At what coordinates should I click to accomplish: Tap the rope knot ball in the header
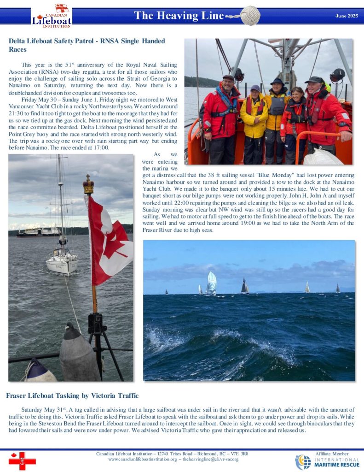pos(250,15)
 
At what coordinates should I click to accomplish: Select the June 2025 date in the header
pos(347,16)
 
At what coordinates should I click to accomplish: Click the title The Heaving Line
pos(179,16)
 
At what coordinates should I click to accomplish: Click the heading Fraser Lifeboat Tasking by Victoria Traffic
pos(72,395)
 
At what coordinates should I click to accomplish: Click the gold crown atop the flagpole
pos(88,185)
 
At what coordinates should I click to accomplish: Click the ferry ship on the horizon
pos(40,231)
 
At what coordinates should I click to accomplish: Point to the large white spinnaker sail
pos(211,283)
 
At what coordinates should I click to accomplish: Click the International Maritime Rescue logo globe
pos(303,462)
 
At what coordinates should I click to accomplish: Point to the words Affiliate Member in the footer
pos(332,454)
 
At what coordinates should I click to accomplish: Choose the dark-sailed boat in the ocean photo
pos(245,286)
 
